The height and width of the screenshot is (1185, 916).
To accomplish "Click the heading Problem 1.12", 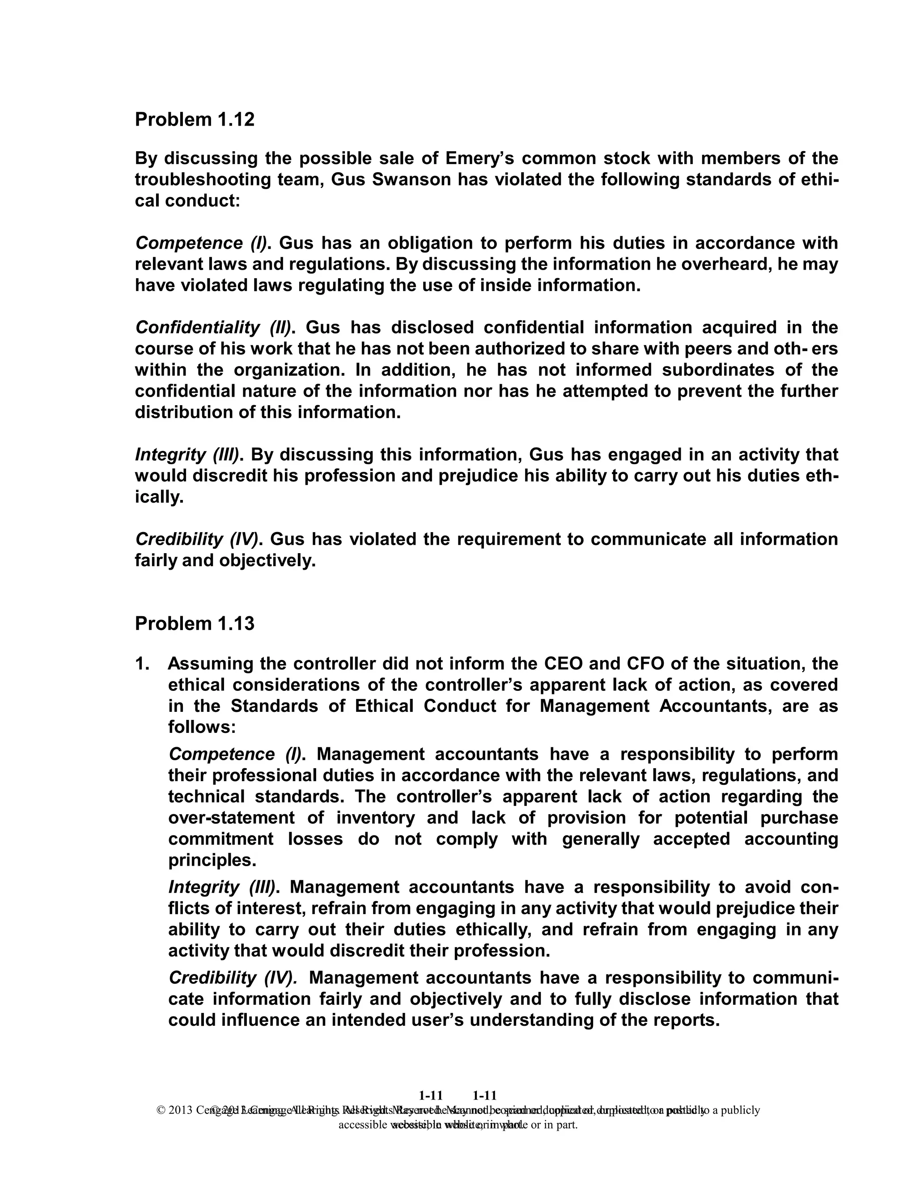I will pyautogui.click(x=194, y=119).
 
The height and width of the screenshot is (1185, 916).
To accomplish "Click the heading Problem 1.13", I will pyautogui.click(x=194, y=623).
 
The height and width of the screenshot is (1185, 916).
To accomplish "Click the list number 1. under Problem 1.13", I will pyautogui.click(x=142, y=664).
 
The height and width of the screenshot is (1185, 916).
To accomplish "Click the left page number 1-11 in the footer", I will pyautogui.click(x=431, y=1096).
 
